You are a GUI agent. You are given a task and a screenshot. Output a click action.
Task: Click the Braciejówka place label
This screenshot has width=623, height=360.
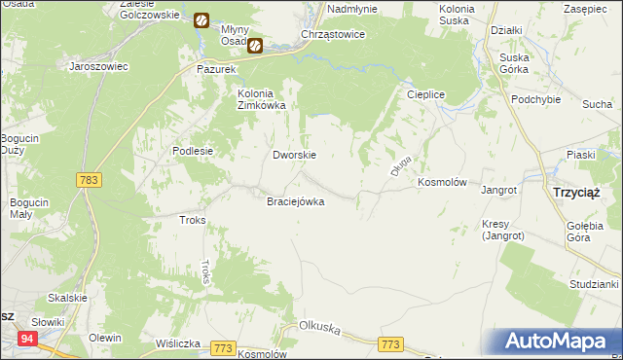click(295, 201)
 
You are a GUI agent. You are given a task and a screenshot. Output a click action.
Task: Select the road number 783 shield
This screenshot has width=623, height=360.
click(89, 180)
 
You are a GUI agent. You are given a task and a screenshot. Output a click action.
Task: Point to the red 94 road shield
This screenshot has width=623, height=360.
click(28, 339)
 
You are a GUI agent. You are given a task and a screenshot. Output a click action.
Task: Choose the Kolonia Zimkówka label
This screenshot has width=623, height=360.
click(261, 99)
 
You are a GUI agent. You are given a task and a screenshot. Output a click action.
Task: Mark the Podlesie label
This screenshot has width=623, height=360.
click(193, 151)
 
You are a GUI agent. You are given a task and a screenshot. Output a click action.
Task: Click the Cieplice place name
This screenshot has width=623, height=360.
click(425, 94)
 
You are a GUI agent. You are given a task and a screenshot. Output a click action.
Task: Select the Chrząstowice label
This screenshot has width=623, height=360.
click(333, 34)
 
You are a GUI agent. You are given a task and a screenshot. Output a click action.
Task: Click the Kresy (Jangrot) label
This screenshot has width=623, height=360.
click(502, 230)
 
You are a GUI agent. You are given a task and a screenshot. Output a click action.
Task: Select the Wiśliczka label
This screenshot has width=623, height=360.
click(177, 343)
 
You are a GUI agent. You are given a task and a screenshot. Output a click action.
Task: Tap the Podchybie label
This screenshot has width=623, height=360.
click(535, 101)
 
